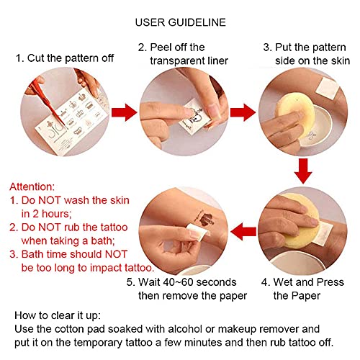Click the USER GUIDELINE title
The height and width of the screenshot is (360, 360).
181,22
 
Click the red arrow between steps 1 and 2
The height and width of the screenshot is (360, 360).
124,112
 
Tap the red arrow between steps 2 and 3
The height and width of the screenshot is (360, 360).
243,112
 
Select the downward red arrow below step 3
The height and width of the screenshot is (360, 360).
303,171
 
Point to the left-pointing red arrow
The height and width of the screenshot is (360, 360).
243,232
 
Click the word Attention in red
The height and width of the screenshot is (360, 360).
32,186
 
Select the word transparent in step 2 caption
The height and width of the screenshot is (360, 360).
177,60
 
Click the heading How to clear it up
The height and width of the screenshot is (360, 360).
58,315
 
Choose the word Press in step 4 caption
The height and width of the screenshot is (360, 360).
330,282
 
